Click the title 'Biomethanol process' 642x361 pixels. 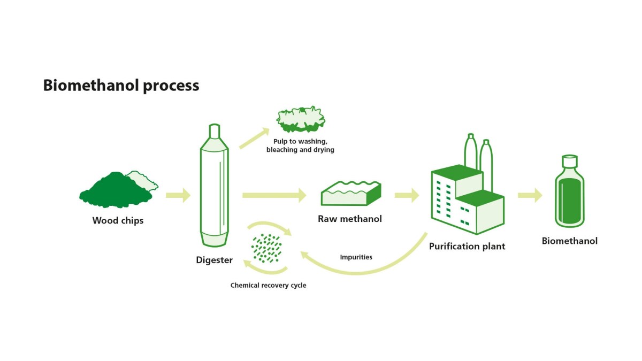(121, 86)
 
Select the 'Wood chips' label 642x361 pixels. (118, 220)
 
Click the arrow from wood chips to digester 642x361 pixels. (178, 195)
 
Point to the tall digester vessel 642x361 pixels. (213, 187)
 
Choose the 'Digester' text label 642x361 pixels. (214, 260)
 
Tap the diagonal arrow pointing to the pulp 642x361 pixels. (254, 138)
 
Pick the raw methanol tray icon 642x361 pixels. (350, 194)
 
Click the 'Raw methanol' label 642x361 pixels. (350, 219)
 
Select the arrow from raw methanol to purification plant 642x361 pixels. (407, 195)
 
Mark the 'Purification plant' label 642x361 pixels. (467, 247)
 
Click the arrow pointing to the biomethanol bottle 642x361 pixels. (530, 195)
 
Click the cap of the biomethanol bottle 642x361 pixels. (569, 160)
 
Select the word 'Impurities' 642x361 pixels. (356, 257)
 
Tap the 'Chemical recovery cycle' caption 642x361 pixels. (268, 286)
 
